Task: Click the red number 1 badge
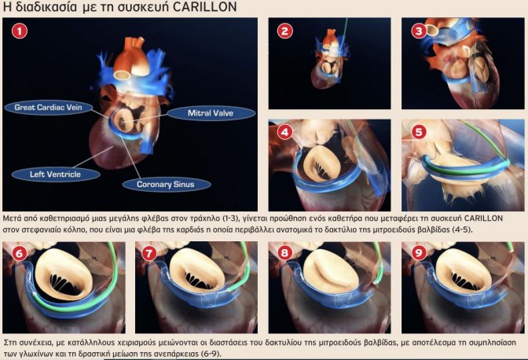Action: [20, 31]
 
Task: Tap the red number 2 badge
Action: [285, 31]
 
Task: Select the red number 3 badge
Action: [419, 31]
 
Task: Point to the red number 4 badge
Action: [285, 132]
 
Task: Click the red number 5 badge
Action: [419, 132]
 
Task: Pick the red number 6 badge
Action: [19, 253]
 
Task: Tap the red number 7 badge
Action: [149, 253]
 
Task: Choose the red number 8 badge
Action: [285, 253]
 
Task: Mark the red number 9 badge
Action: [419, 253]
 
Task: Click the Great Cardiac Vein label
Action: [48, 108]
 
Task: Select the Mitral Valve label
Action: [211, 113]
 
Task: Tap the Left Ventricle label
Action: [56, 174]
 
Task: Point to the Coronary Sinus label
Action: [166, 185]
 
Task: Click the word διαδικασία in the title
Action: [46, 7]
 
